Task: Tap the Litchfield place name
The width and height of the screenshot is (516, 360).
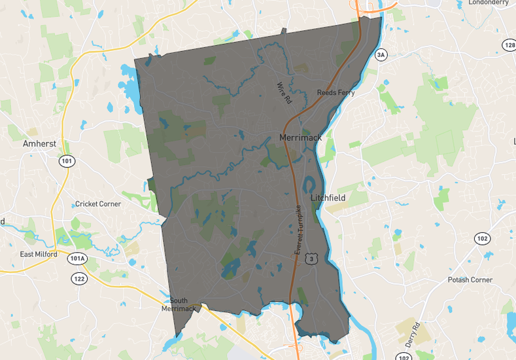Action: coord(328,197)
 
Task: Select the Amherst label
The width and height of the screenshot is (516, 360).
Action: coord(39,143)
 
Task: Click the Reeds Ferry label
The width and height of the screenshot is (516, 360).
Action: coord(336,93)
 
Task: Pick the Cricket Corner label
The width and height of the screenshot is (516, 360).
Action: coord(98,204)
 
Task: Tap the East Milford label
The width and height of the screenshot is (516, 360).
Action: coord(39,254)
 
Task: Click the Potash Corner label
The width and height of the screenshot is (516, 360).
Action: coord(470,279)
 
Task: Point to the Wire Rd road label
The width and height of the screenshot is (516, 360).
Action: coord(283,94)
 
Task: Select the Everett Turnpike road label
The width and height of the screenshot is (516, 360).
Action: coord(298,230)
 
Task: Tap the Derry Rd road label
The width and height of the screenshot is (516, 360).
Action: coord(411,334)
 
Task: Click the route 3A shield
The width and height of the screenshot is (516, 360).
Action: coord(381,55)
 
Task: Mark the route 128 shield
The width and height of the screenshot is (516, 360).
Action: coord(509,45)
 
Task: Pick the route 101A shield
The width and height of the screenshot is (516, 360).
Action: coord(77,259)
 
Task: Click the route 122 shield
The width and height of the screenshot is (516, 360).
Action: coord(80,279)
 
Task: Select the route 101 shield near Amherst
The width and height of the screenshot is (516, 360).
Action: coord(66,160)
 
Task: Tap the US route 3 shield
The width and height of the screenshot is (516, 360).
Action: coord(314,259)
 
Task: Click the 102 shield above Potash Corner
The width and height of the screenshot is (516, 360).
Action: coord(482,238)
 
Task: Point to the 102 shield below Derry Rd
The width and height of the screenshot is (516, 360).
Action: coord(404,357)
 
